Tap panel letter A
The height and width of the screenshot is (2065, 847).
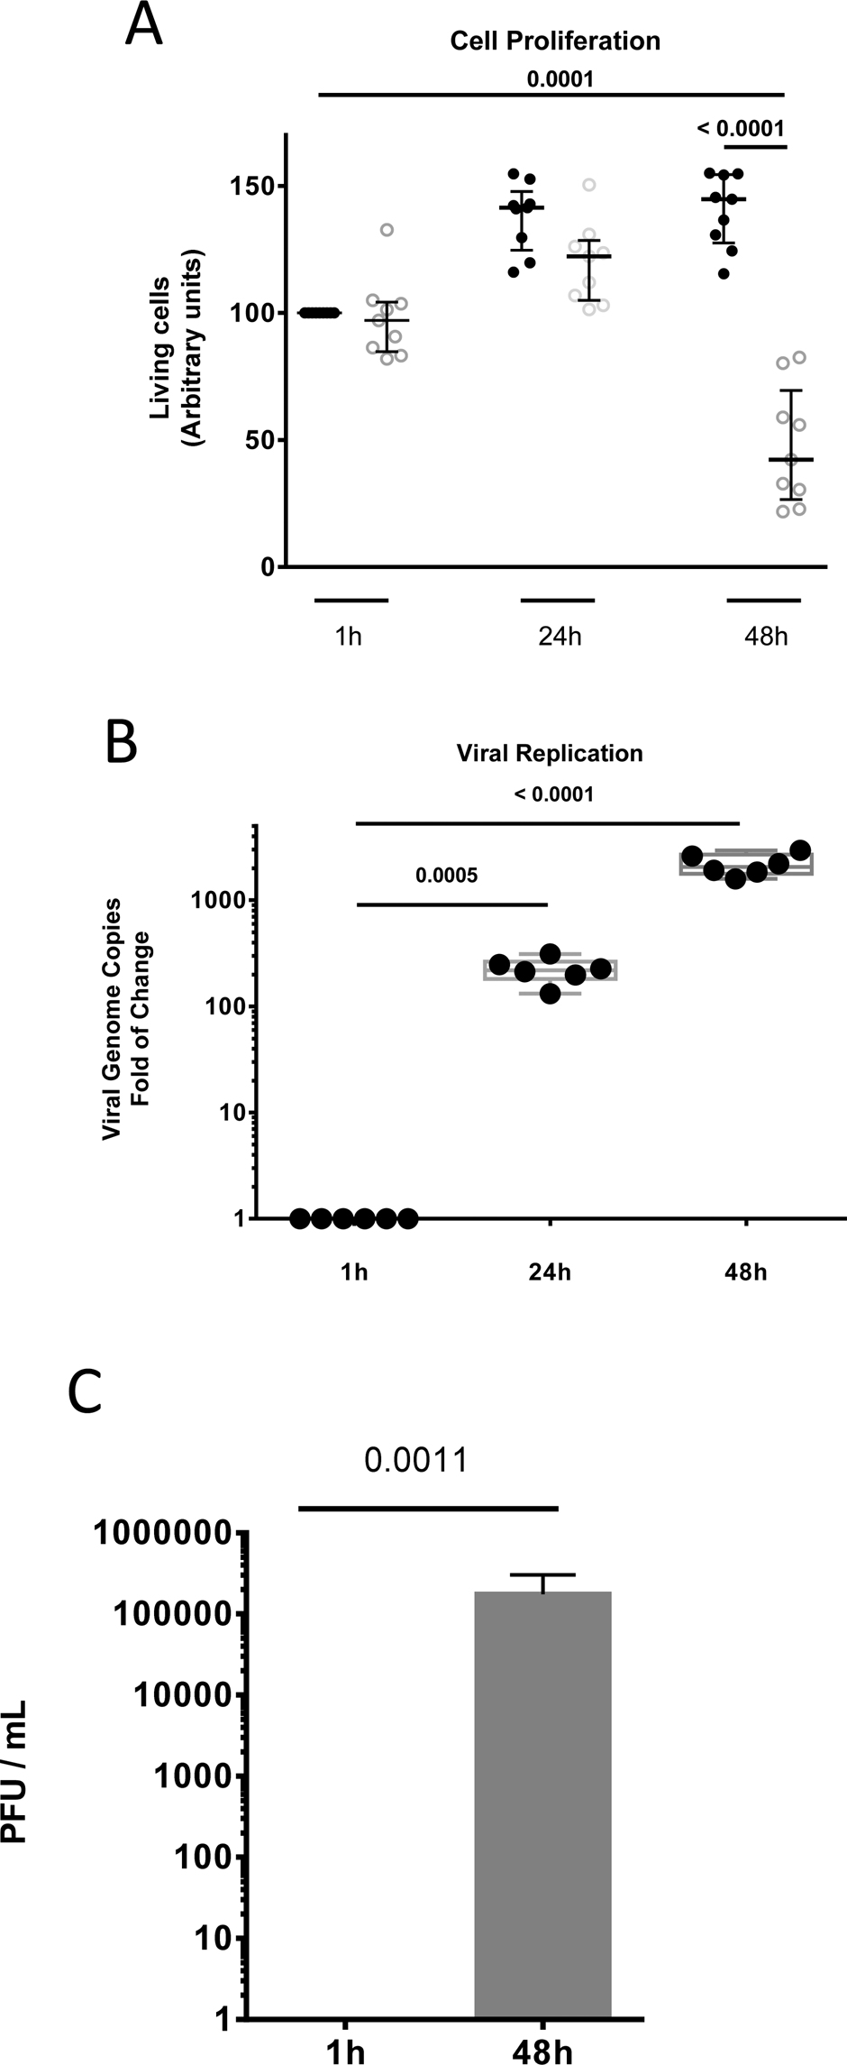tap(144, 25)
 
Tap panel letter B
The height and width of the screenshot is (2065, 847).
tap(122, 740)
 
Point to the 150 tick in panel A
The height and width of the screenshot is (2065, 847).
tap(256, 186)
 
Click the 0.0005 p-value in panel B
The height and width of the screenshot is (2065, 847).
tap(447, 875)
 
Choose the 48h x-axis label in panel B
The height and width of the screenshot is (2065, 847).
tap(745, 1272)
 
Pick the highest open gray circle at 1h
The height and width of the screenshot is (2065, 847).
tap(387, 230)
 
